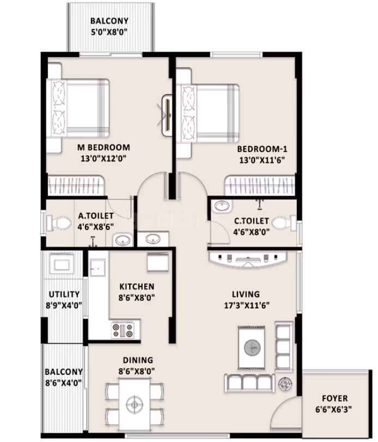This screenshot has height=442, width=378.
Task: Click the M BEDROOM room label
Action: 103,147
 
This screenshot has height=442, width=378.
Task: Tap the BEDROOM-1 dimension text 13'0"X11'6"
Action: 262,160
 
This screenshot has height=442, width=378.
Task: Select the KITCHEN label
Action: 137,286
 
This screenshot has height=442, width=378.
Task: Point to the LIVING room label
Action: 246,294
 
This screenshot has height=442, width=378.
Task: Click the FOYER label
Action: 334,398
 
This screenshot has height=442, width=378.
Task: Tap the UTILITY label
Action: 64,294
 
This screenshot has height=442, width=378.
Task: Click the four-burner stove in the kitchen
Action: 123,330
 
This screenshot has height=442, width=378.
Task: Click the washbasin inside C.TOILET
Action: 223,206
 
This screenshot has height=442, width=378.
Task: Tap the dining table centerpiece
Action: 135,404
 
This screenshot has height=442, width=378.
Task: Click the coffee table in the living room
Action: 251,347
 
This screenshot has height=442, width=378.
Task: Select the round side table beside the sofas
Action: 285,384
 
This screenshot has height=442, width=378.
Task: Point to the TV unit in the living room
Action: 248,259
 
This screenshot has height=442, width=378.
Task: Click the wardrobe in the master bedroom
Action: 75,185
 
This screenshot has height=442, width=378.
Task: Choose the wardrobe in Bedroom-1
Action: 259,186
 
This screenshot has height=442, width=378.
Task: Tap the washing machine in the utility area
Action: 62,264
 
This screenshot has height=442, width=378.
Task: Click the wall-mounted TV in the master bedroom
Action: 168,115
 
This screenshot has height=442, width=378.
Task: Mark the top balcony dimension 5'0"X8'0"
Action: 109,32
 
